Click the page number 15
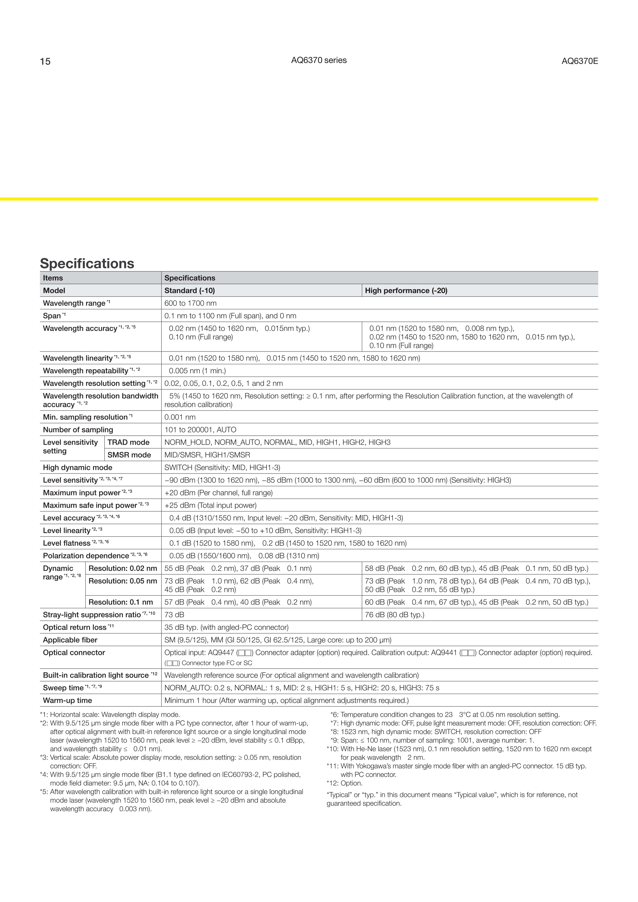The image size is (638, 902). (45, 62)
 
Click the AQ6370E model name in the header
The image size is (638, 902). (579, 61)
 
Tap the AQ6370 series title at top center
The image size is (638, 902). (319, 60)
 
